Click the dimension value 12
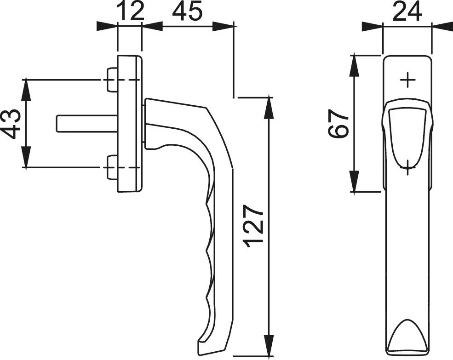tap(131, 11)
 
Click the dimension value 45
tap(187, 11)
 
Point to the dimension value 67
tap(338, 123)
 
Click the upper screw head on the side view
tap(112, 80)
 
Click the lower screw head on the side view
tap(112, 167)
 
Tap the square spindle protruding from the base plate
tap(87, 124)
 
